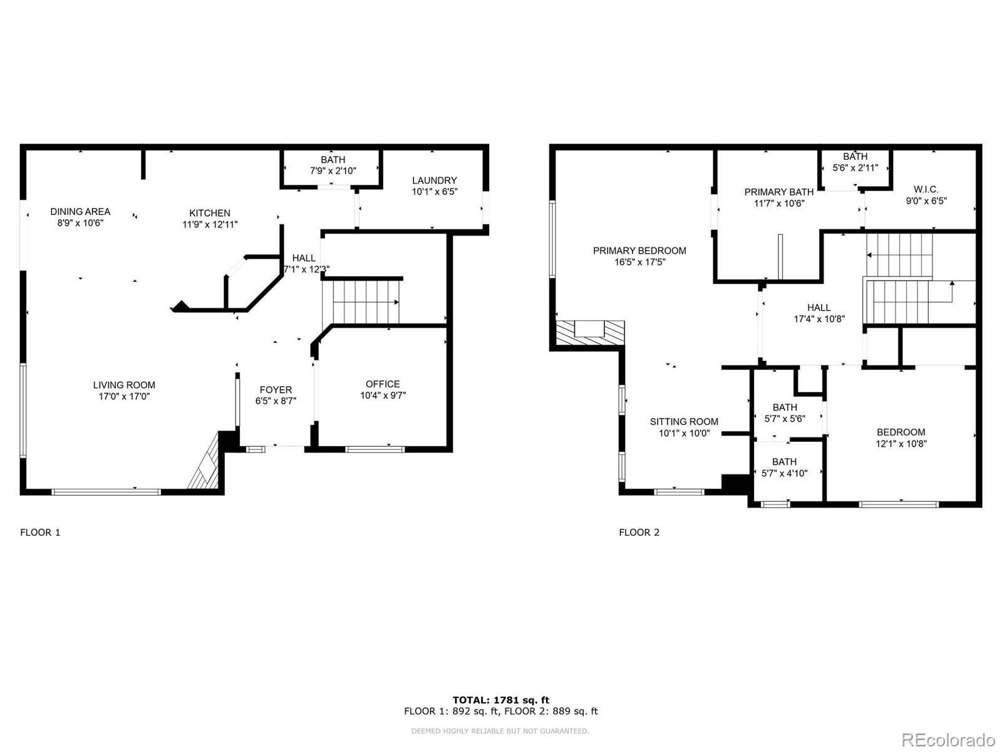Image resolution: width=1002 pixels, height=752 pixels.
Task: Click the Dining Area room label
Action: tap(80, 212)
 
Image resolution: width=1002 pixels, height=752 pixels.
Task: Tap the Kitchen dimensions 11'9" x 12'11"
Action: tap(210, 224)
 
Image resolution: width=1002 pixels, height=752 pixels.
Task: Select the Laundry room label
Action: tap(434, 180)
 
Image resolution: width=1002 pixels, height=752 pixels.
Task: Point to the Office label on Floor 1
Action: tap(383, 384)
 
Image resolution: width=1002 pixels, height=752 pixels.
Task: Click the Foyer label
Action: tap(276, 390)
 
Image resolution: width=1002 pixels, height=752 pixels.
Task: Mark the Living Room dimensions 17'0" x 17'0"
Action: tap(124, 397)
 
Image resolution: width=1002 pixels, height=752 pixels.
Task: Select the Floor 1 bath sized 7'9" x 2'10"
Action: tap(333, 165)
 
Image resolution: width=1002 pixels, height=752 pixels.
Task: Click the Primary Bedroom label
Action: tap(639, 251)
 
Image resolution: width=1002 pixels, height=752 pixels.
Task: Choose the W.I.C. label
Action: tap(926, 189)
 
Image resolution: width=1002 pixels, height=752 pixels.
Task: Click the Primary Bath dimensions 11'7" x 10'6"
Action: tap(779, 204)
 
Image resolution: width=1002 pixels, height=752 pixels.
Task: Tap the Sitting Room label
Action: tap(684, 422)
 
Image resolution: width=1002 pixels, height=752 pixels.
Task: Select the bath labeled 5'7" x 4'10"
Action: tap(784, 467)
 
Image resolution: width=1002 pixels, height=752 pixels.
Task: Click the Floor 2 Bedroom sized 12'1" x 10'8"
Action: tap(901, 438)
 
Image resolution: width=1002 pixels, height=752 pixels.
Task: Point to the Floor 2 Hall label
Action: tap(819, 308)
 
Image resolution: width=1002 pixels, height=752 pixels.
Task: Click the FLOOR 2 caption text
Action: tap(639, 533)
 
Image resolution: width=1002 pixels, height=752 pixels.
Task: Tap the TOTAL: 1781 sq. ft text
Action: tap(501, 700)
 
